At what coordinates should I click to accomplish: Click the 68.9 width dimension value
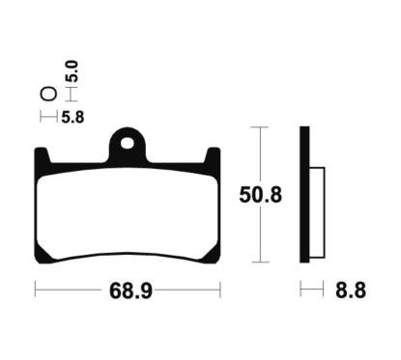pos(130,291)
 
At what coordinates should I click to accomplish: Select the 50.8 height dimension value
pos(260,195)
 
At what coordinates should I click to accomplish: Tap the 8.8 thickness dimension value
pos(351,290)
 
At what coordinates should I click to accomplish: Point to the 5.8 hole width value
pos(72,118)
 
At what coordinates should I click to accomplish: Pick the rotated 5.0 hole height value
pos(72,71)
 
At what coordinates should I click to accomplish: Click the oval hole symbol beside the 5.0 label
pos(48,94)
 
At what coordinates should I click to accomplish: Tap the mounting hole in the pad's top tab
pos(128,144)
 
